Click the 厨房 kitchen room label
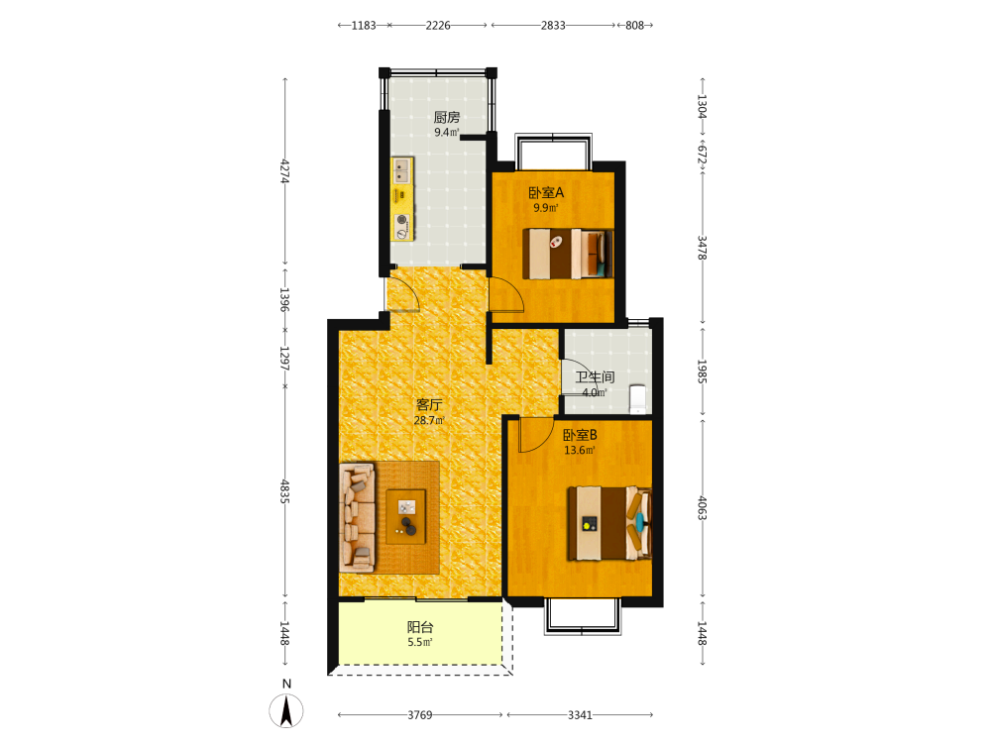(x=446, y=117)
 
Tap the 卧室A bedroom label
(x=546, y=193)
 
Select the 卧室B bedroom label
(x=580, y=435)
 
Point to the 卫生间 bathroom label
(x=595, y=377)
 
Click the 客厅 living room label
(x=429, y=405)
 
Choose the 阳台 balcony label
(x=420, y=627)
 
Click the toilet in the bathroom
(x=638, y=398)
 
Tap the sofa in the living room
(x=357, y=516)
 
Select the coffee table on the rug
(x=405, y=516)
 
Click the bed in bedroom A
(x=568, y=254)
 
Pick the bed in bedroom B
(x=609, y=523)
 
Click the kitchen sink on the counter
(x=402, y=170)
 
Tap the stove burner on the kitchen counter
(x=402, y=221)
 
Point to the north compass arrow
(x=286, y=710)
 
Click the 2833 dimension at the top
(x=553, y=26)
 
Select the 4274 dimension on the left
(x=285, y=170)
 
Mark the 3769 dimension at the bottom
(x=419, y=715)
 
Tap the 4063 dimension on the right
(x=702, y=508)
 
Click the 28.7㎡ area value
(x=429, y=420)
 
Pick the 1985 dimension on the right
(x=702, y=371)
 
